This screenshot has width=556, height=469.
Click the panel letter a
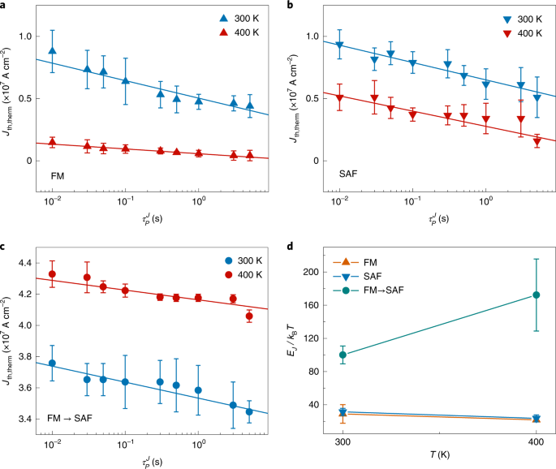[6, 6]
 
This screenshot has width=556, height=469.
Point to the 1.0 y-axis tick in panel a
[31, 37]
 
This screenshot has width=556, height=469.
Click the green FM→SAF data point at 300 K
[343, 355]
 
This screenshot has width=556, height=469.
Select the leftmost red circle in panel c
[53, 274]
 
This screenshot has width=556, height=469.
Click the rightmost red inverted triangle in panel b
[537, 142]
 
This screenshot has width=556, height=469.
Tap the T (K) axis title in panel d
[438, 460]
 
